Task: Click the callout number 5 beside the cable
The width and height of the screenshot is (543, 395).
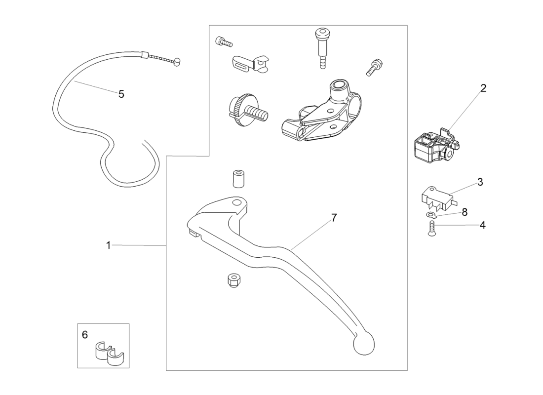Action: tap(121, 94)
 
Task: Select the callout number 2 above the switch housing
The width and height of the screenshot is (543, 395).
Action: tap(483, 88)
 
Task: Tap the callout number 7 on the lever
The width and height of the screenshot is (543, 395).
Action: tap(334, 217)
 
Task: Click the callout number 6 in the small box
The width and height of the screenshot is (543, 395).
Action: tap(85, 335)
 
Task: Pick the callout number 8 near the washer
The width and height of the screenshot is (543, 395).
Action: tap(465, 212)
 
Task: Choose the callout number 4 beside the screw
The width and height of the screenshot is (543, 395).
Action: tap(482, 225)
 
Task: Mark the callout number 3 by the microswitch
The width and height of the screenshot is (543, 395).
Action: tap(480, 182)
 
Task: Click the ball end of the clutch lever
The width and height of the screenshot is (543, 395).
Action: tap(364, 344)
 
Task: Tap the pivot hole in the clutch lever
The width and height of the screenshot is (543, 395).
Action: tap(236, 203)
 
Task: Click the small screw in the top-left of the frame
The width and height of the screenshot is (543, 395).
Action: tap(224, 42)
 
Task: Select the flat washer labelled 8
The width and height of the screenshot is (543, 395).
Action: tap(432, 215)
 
